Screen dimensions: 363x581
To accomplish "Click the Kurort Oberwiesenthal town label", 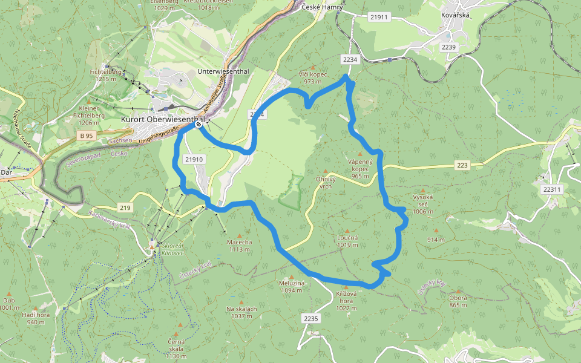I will tap(160, 120).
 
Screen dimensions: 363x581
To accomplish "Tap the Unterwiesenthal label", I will tap(223, 71).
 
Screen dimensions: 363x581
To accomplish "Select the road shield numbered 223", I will tap(463, 165).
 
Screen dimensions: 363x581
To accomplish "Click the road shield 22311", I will tap(551, 189).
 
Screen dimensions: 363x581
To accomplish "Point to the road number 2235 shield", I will tap(310, 318).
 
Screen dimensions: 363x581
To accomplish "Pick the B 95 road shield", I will tap(86, 136).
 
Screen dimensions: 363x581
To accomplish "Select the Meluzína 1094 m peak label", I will tap(291, 286).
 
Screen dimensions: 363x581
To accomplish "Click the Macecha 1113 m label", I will tap(240, 246).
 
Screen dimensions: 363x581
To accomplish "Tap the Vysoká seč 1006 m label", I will tap(423, 204).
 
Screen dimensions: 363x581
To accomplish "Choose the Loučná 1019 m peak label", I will tap(347, 241).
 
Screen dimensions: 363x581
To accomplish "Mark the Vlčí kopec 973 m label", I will tap(313, 77).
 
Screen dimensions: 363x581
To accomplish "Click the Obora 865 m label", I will tap(458, 301).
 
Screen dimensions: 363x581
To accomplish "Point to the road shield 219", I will tap(125, 208).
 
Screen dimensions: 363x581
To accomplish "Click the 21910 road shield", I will tap(194, 159).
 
